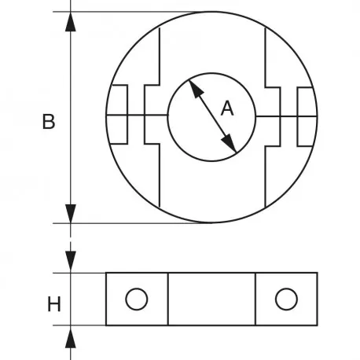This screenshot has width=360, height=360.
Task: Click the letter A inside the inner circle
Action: click(x=227, y=108)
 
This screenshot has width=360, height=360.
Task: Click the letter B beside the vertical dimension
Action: click(x=49, y=122)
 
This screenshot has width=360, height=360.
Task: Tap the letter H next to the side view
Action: click(x=54, y=304)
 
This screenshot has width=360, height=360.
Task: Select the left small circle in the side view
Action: click(x=137, y=299)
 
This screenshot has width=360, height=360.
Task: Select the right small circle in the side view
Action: click(x=286, y=299)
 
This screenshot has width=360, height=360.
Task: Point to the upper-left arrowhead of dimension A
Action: click(x=196, y=88)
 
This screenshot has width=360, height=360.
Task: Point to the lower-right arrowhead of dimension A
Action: click(x=230, y=144)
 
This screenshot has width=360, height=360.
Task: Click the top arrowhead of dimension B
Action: click(x=71, y=22)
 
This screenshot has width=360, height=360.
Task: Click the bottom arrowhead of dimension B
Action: click(x=71, y=214)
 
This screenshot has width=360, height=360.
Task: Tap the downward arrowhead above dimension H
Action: click(x=71, y=261)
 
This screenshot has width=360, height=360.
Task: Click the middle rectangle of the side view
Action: click(x=211, y=299)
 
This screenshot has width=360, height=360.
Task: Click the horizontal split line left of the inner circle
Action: click(x=137, y=115)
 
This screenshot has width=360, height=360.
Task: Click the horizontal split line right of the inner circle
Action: click(x=286, y=116)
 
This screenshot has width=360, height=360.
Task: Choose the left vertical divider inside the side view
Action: click(x=168, y=299)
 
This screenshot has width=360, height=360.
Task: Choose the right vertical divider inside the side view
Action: click(x=255, y=299)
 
